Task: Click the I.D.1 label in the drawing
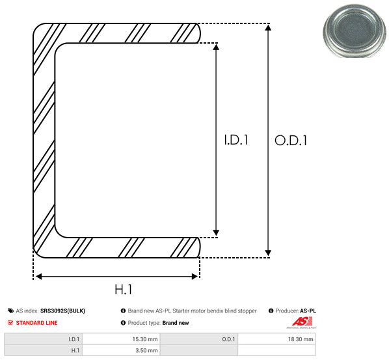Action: pyautogui.click(x=236, y=140)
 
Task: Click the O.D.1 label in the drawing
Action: pyautogui.click(x=291, y=141)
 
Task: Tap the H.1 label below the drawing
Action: pyautogui.click(x=124, y=290)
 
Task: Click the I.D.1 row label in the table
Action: pyautogui.click(x=74, y=339)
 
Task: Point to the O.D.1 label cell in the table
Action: pyautogui.click(x=228, y=339)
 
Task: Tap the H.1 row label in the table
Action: pyautogui.click(x=75, y=350)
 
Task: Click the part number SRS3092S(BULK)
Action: pyautogui.click(x=62, y=311)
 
